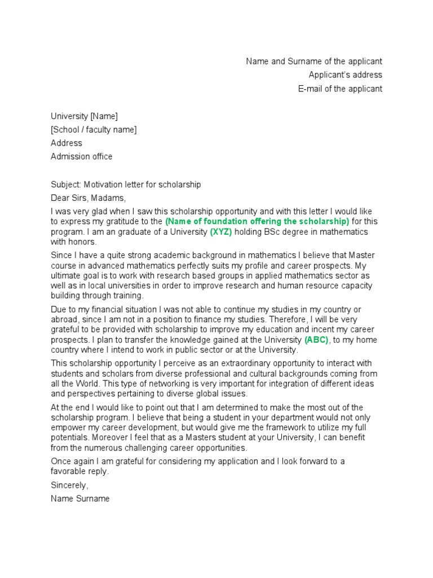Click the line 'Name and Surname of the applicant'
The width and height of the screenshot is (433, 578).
coord(313,62)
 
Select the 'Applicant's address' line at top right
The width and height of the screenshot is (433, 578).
coord(345,75)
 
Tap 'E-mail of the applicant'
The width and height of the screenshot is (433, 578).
coord(340,89)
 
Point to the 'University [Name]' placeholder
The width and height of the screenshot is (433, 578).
coord(84,116)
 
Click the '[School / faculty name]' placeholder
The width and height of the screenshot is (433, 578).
coord(94,130)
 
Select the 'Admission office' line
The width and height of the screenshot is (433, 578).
coord(81,156)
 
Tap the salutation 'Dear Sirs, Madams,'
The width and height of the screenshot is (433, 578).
coord(89,198)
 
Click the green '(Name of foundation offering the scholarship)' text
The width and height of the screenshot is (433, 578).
coord(257,221)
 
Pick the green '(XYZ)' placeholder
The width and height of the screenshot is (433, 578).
coord(221,232)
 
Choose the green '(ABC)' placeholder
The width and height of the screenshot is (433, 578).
coord(316,340)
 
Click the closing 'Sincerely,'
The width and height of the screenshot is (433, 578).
coord(70,485)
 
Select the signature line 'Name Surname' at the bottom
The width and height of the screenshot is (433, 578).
coord(80,499)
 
